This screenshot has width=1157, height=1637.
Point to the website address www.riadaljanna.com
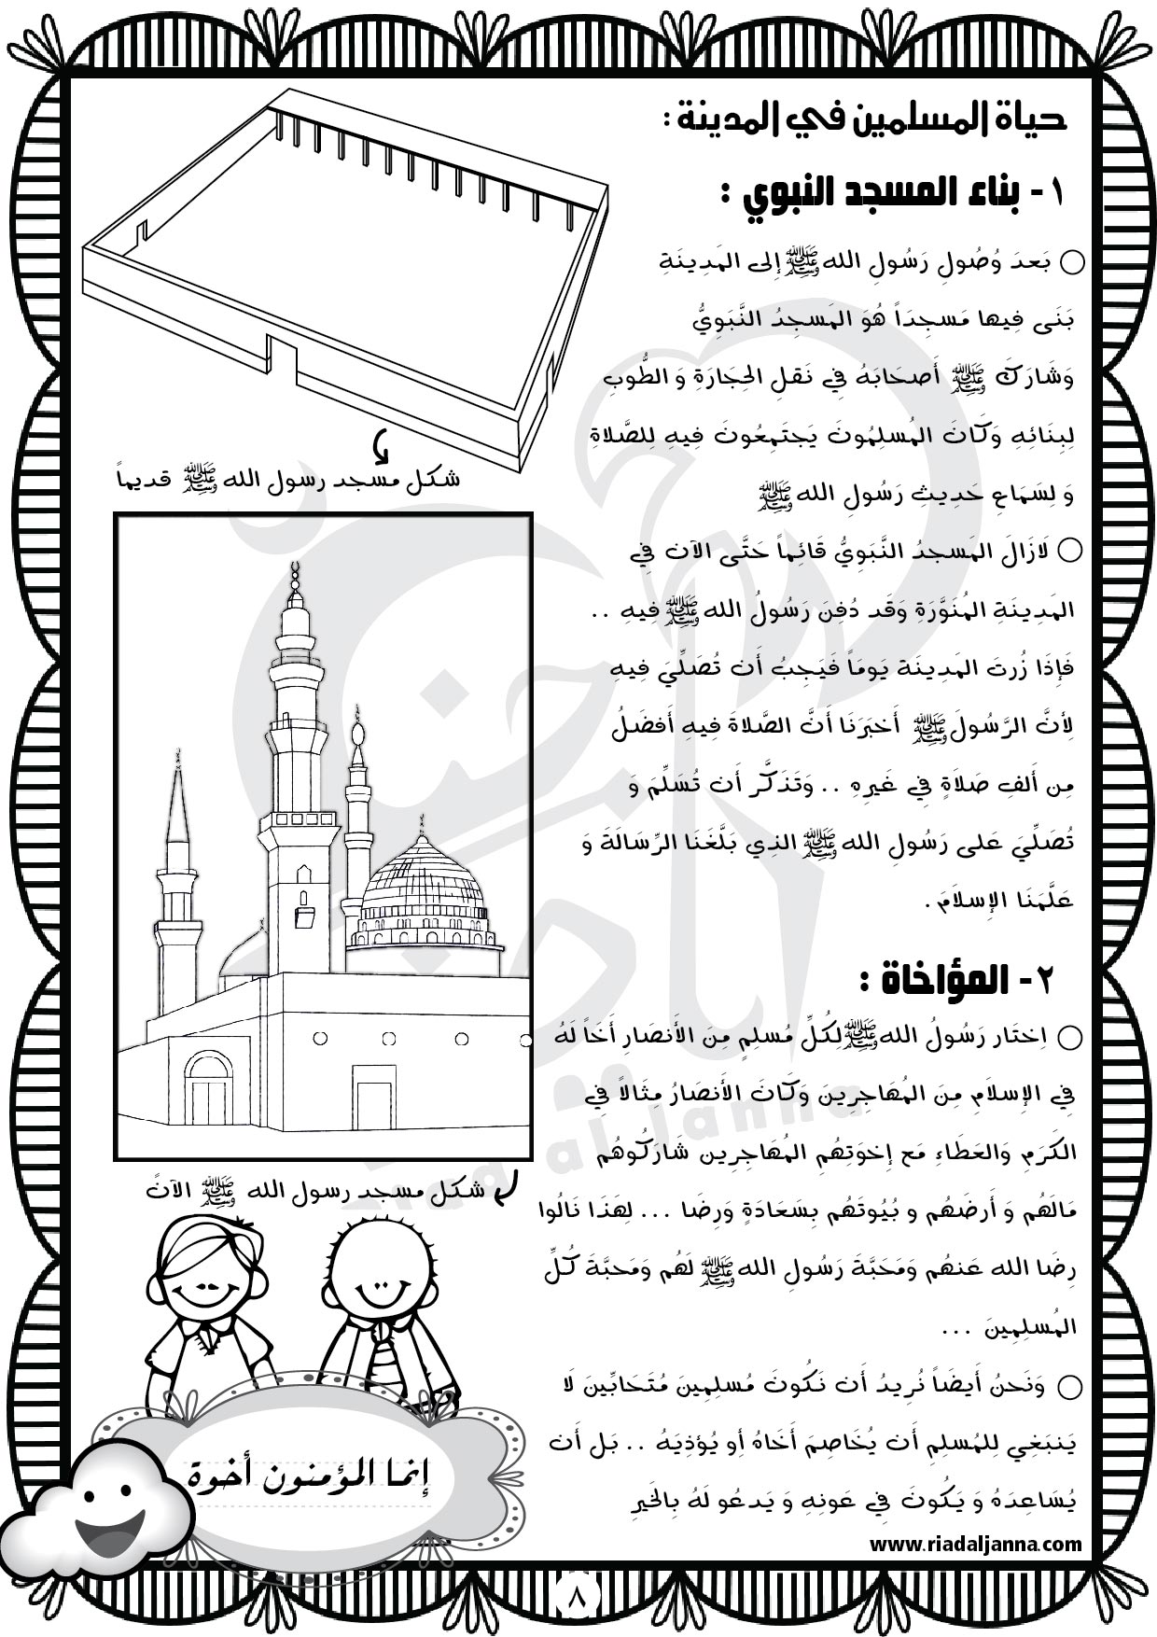[975, 1545]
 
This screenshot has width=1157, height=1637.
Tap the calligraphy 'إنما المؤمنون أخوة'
[316, 1474]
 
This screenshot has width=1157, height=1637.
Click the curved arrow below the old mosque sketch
[380, 449]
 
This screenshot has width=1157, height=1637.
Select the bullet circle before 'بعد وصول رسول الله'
[1073, 262]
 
